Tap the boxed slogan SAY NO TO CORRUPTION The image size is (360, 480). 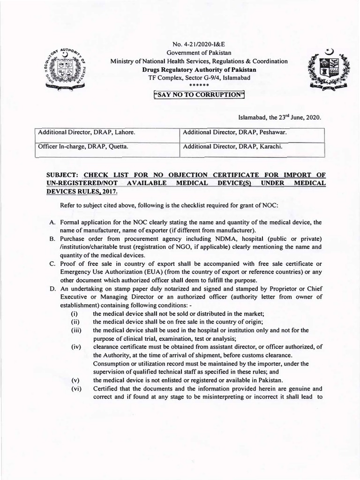199,95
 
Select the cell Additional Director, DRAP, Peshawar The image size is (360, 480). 234,133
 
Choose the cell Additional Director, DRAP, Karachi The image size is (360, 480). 232,147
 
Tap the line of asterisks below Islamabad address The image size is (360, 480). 199,86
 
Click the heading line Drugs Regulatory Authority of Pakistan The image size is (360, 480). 199,69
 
